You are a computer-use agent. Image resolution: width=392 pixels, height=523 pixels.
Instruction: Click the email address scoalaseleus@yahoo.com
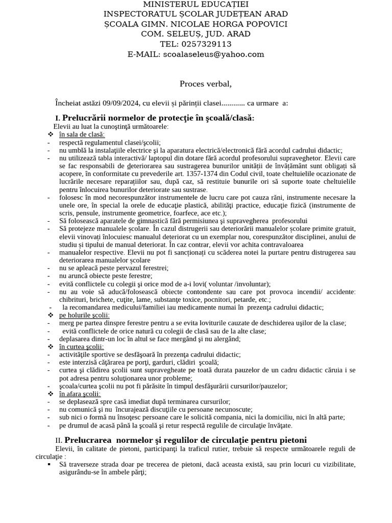pos(213,54)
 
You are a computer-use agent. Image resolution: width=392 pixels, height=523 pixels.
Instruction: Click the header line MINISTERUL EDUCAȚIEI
pos(195,4)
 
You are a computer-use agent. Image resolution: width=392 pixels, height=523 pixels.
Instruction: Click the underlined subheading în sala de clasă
pos(82,134)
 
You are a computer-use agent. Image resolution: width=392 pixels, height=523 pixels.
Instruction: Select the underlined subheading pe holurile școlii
pos(84,315)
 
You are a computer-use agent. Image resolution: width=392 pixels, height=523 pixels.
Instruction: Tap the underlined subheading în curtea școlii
pos(81,347)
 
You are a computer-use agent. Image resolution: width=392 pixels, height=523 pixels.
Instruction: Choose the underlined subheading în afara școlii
pos(80,394)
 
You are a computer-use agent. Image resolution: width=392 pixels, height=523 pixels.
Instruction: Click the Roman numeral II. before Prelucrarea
pos(59,440)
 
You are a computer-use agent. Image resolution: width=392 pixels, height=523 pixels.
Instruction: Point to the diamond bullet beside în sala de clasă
pos(50,134)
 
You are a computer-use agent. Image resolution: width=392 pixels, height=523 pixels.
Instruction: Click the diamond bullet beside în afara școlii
pos(50,394)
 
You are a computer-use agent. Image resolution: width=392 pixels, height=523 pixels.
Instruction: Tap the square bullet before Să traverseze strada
pos(49,465)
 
